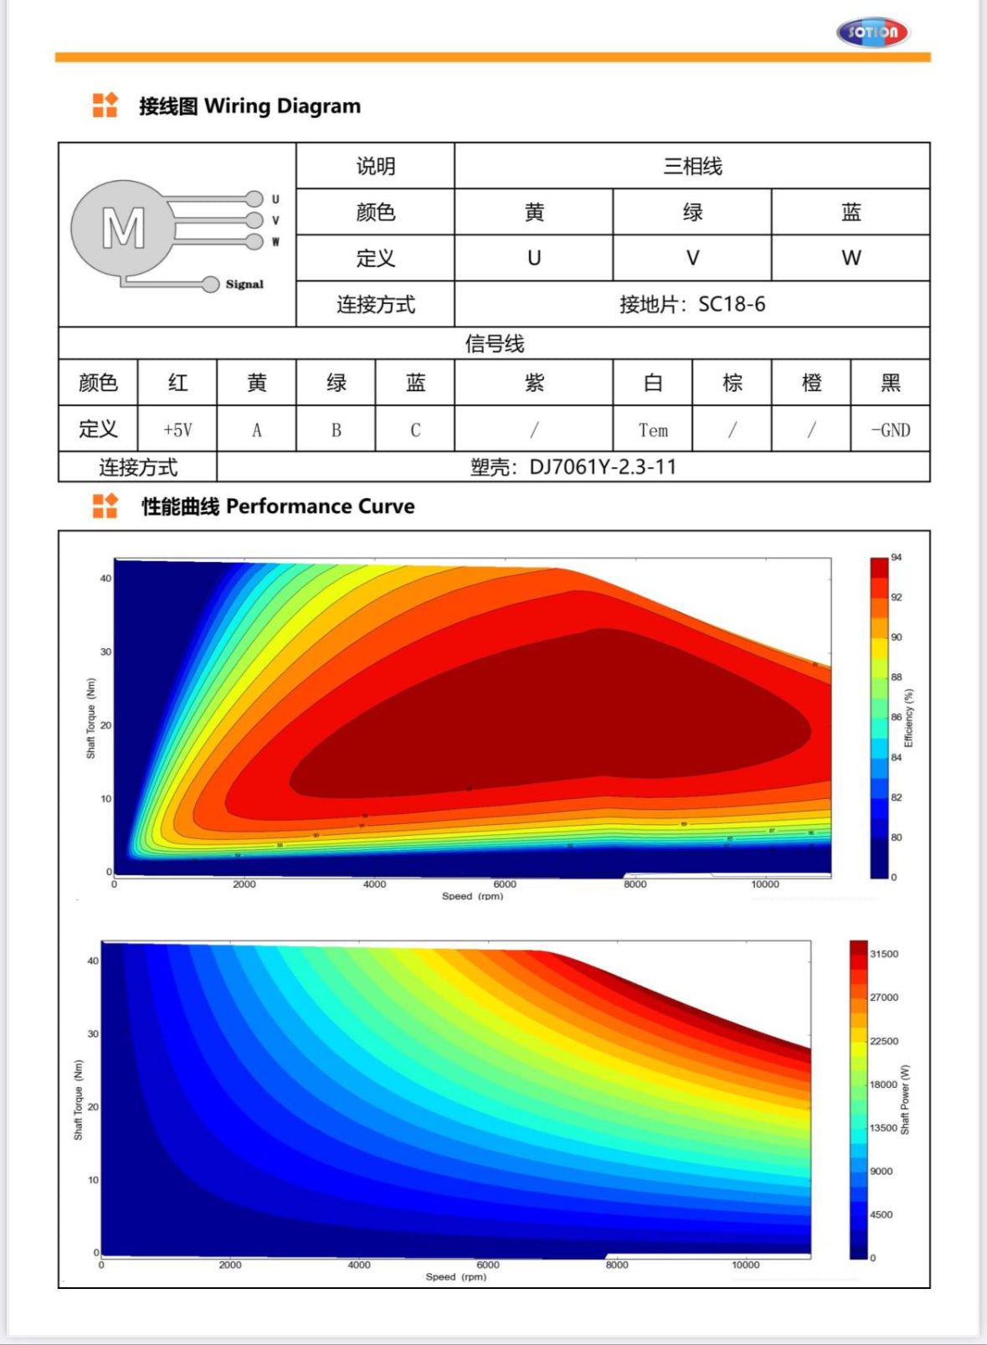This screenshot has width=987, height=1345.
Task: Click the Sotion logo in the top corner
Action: click(x=872, y=33)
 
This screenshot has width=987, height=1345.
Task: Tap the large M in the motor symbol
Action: click(x=123, y=228)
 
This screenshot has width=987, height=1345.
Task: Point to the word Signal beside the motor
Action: click(x=244, y=285)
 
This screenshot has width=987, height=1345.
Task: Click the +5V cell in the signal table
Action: click(x=177, y=430)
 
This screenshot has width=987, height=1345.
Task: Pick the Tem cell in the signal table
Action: click(x=653, y=430)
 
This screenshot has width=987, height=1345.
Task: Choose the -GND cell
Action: click(x=890, y=430)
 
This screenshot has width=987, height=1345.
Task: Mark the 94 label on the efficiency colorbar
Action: click(x=897, y=558)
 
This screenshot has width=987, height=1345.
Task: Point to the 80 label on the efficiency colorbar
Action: click(x=897, y=837)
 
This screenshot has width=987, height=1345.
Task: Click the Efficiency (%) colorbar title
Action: click(x=909, y=718)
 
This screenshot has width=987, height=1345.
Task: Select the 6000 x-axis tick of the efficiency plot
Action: click(x=505, y=884)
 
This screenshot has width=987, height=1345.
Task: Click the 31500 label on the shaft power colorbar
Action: click(x=884, y=954)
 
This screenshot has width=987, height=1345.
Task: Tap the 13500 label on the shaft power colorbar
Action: click(x=883, y=1128)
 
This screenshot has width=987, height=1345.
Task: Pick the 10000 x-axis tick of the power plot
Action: click(x=745, y=1265)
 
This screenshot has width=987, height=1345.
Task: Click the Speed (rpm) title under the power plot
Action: click(x=455, y=1277)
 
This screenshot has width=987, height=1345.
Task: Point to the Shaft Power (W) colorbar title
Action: click(x=905, y=1100)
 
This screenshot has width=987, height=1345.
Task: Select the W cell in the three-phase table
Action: click(x=851, y=258)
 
